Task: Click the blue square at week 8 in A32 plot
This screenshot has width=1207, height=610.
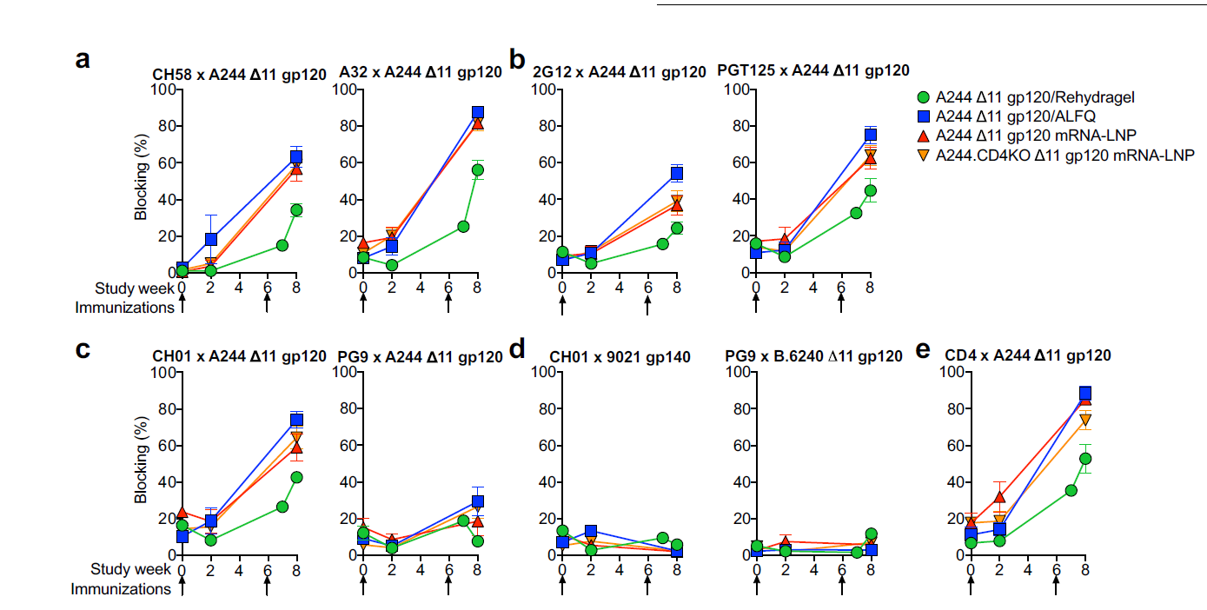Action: coord(478,113)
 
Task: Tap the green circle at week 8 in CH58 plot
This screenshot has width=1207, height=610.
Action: coord(296,209)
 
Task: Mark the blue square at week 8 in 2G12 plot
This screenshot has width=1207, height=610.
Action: coord(677,174)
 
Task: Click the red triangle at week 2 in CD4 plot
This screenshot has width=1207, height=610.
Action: coord(999,497)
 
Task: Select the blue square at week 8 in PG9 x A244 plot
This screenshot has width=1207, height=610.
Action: coord(478,501)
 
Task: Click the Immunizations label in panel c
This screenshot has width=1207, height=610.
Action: coord(121,589)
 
